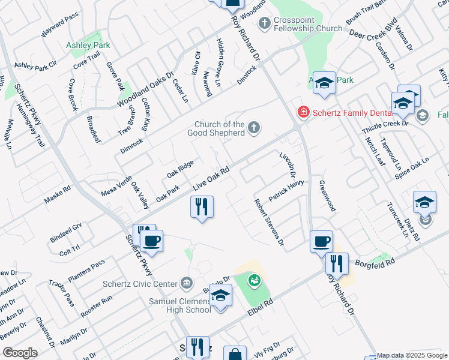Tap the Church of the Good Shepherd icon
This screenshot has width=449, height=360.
coord(254,127)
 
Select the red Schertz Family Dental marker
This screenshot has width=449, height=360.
coord(304,112)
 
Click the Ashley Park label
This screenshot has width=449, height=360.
coord(88,45)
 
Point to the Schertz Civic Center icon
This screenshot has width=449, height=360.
coord(186,283)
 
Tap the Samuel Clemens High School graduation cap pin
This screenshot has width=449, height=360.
coord(220,295)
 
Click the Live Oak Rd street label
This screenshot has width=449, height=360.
coord(212,180)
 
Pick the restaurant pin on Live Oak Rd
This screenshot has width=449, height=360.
coord(202,207)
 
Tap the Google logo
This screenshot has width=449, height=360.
coord(20,352)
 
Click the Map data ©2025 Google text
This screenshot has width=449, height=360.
coord(412,355)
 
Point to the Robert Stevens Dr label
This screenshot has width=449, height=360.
coord(268,222)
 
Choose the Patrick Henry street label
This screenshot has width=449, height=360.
coord(286,190)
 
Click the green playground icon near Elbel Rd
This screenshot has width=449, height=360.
coord(255,280)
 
